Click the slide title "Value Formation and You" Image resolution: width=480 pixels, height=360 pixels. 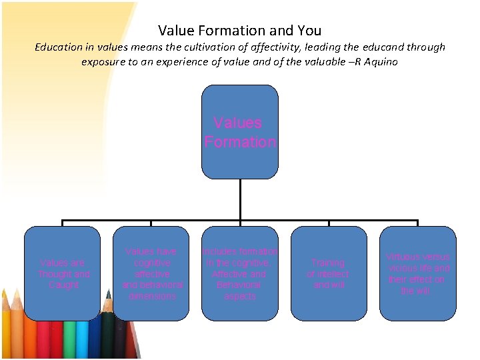[x=240, y=31]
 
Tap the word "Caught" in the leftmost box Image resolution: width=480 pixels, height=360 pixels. [x=63, y=285]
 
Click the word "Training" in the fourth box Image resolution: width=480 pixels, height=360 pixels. [x=328, y=263]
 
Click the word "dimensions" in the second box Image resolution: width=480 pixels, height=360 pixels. [x=152, y=296]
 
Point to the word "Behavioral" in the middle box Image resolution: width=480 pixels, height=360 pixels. [x=240, y=285]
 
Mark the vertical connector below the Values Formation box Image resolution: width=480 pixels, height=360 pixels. [x=240, y=200]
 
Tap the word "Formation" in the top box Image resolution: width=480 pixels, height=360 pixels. [x=240, y=142]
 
